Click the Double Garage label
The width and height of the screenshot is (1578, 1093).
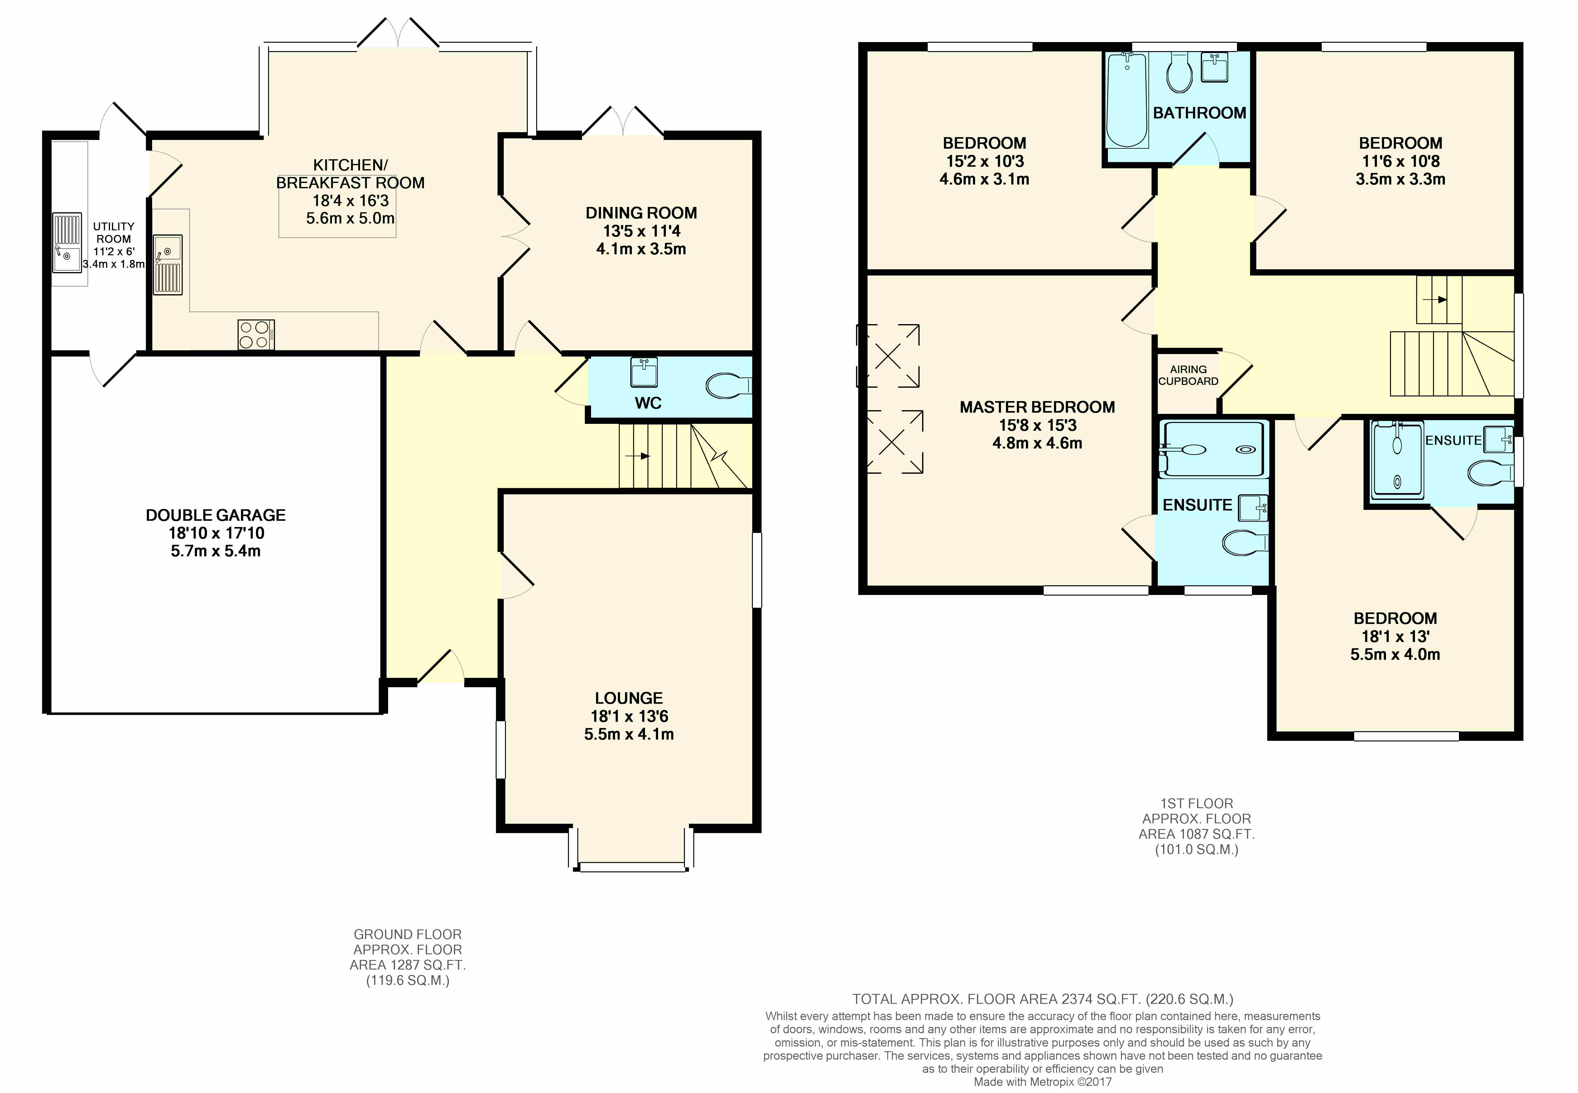tap(216, 515)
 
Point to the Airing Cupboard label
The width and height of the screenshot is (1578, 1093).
tap(1188, 375)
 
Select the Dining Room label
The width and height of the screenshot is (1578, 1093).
tap(641, 213)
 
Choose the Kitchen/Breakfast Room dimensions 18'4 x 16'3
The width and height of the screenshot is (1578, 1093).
tap(351, 201)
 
